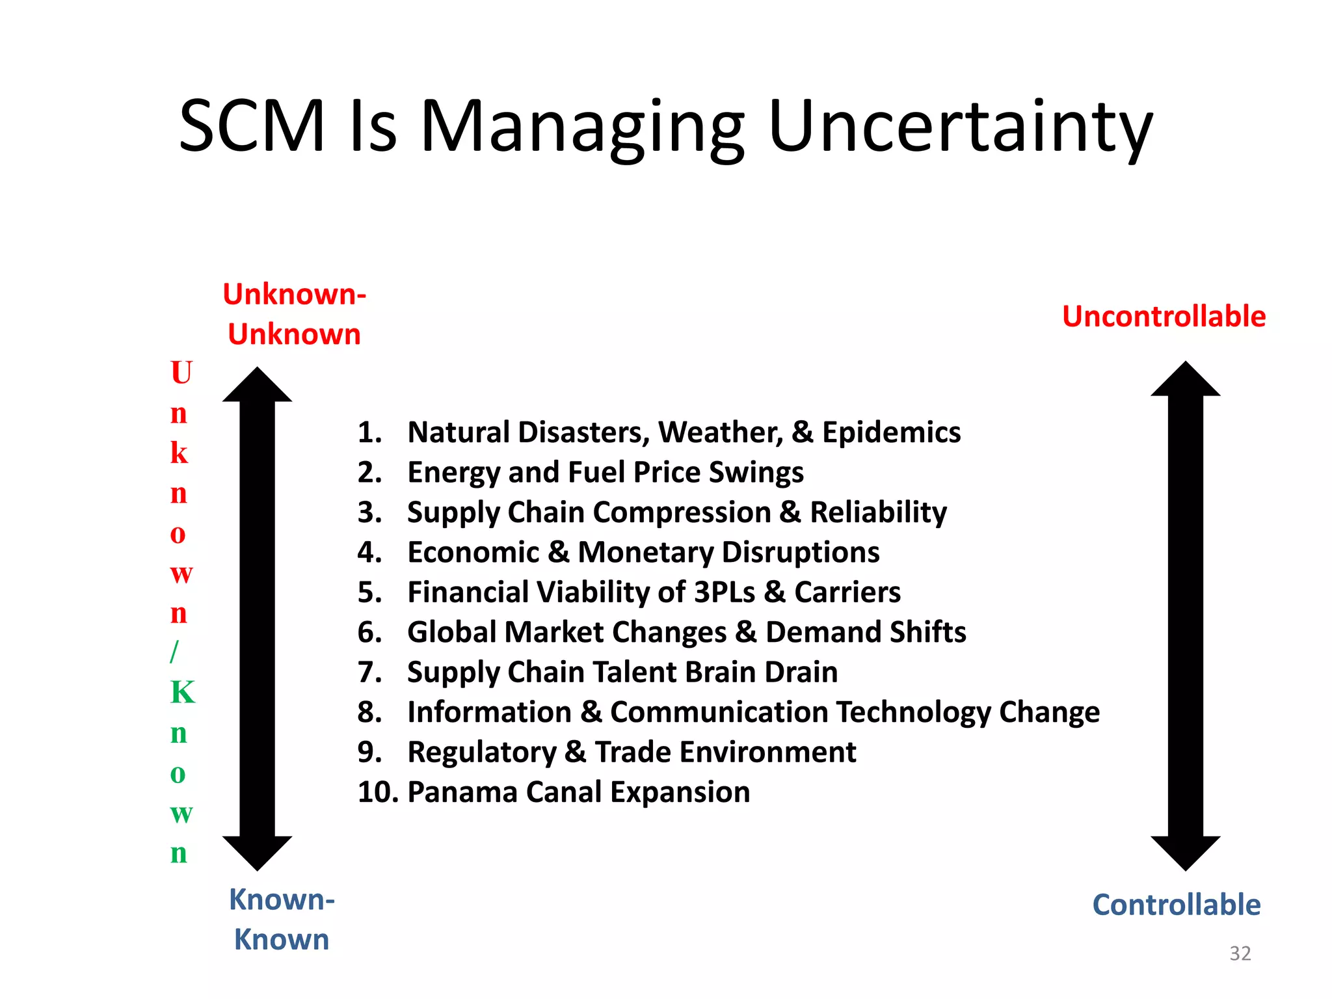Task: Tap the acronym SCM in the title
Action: tap(252, 126)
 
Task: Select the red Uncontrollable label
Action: tap(1164, 317)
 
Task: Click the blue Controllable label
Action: tap(1176, 905)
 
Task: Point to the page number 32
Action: tap(1240, 953)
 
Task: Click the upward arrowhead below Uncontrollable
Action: tap(1185, 380)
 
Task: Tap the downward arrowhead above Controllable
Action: tap(1185, 852)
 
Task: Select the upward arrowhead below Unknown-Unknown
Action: tap(258, 386)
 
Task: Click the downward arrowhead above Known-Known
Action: tap(258, 852)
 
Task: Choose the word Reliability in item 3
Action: tap(878, 513)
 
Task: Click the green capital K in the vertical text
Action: tap(182, 692)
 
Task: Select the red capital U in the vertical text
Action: tap(181, 373)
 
